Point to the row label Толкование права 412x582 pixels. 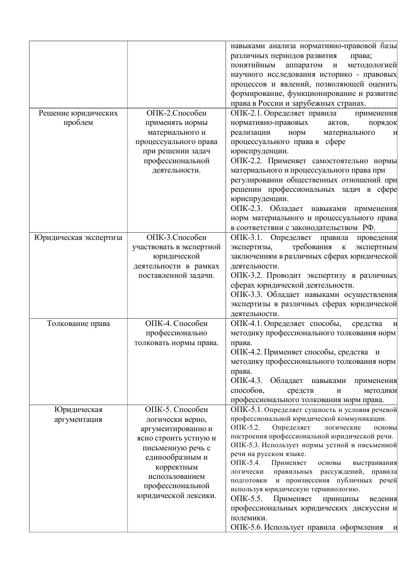(78, 324)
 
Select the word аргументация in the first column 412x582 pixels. (78, 419)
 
